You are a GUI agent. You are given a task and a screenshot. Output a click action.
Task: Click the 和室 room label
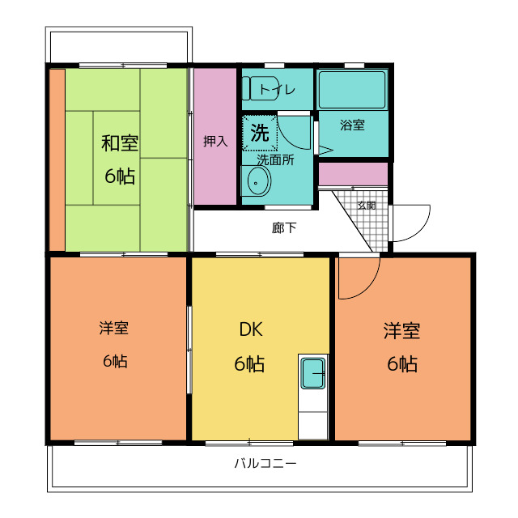click(119, 144)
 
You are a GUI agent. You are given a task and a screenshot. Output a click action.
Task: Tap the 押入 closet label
click(214, 141)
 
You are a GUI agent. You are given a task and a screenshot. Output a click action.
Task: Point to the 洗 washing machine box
click(260, 134)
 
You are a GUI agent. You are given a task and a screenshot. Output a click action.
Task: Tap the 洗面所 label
click(275, 159)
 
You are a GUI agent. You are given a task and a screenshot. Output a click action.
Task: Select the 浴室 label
click(352, 125)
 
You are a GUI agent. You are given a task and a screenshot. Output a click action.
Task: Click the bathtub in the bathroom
click(352, 90)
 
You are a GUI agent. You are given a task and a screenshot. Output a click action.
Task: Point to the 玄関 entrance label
click(367, 205)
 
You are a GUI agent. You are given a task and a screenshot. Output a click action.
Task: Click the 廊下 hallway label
click(283, 227)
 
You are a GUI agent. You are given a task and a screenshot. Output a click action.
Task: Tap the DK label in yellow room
click(249, 329)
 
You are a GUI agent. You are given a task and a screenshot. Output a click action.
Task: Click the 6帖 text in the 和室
click(119, 176)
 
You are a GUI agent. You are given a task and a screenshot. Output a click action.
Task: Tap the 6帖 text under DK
click(249, 364)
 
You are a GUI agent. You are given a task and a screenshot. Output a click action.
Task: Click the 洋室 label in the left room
click(114, 329)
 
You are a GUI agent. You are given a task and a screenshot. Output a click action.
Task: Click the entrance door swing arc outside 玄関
click(413, 224)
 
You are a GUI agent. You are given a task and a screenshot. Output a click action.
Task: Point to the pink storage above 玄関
click(353, 174)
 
